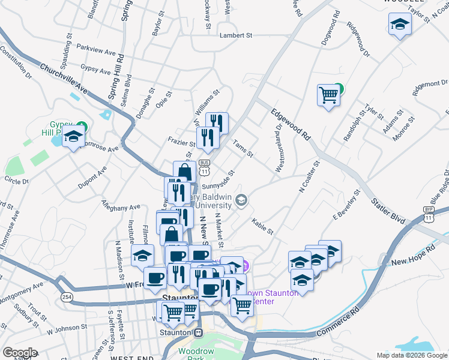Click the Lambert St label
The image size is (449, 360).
236,36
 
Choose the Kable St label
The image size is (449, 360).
262,227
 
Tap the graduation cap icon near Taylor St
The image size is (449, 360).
399,25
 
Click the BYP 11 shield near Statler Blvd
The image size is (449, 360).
428,213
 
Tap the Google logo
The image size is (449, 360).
20,353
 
